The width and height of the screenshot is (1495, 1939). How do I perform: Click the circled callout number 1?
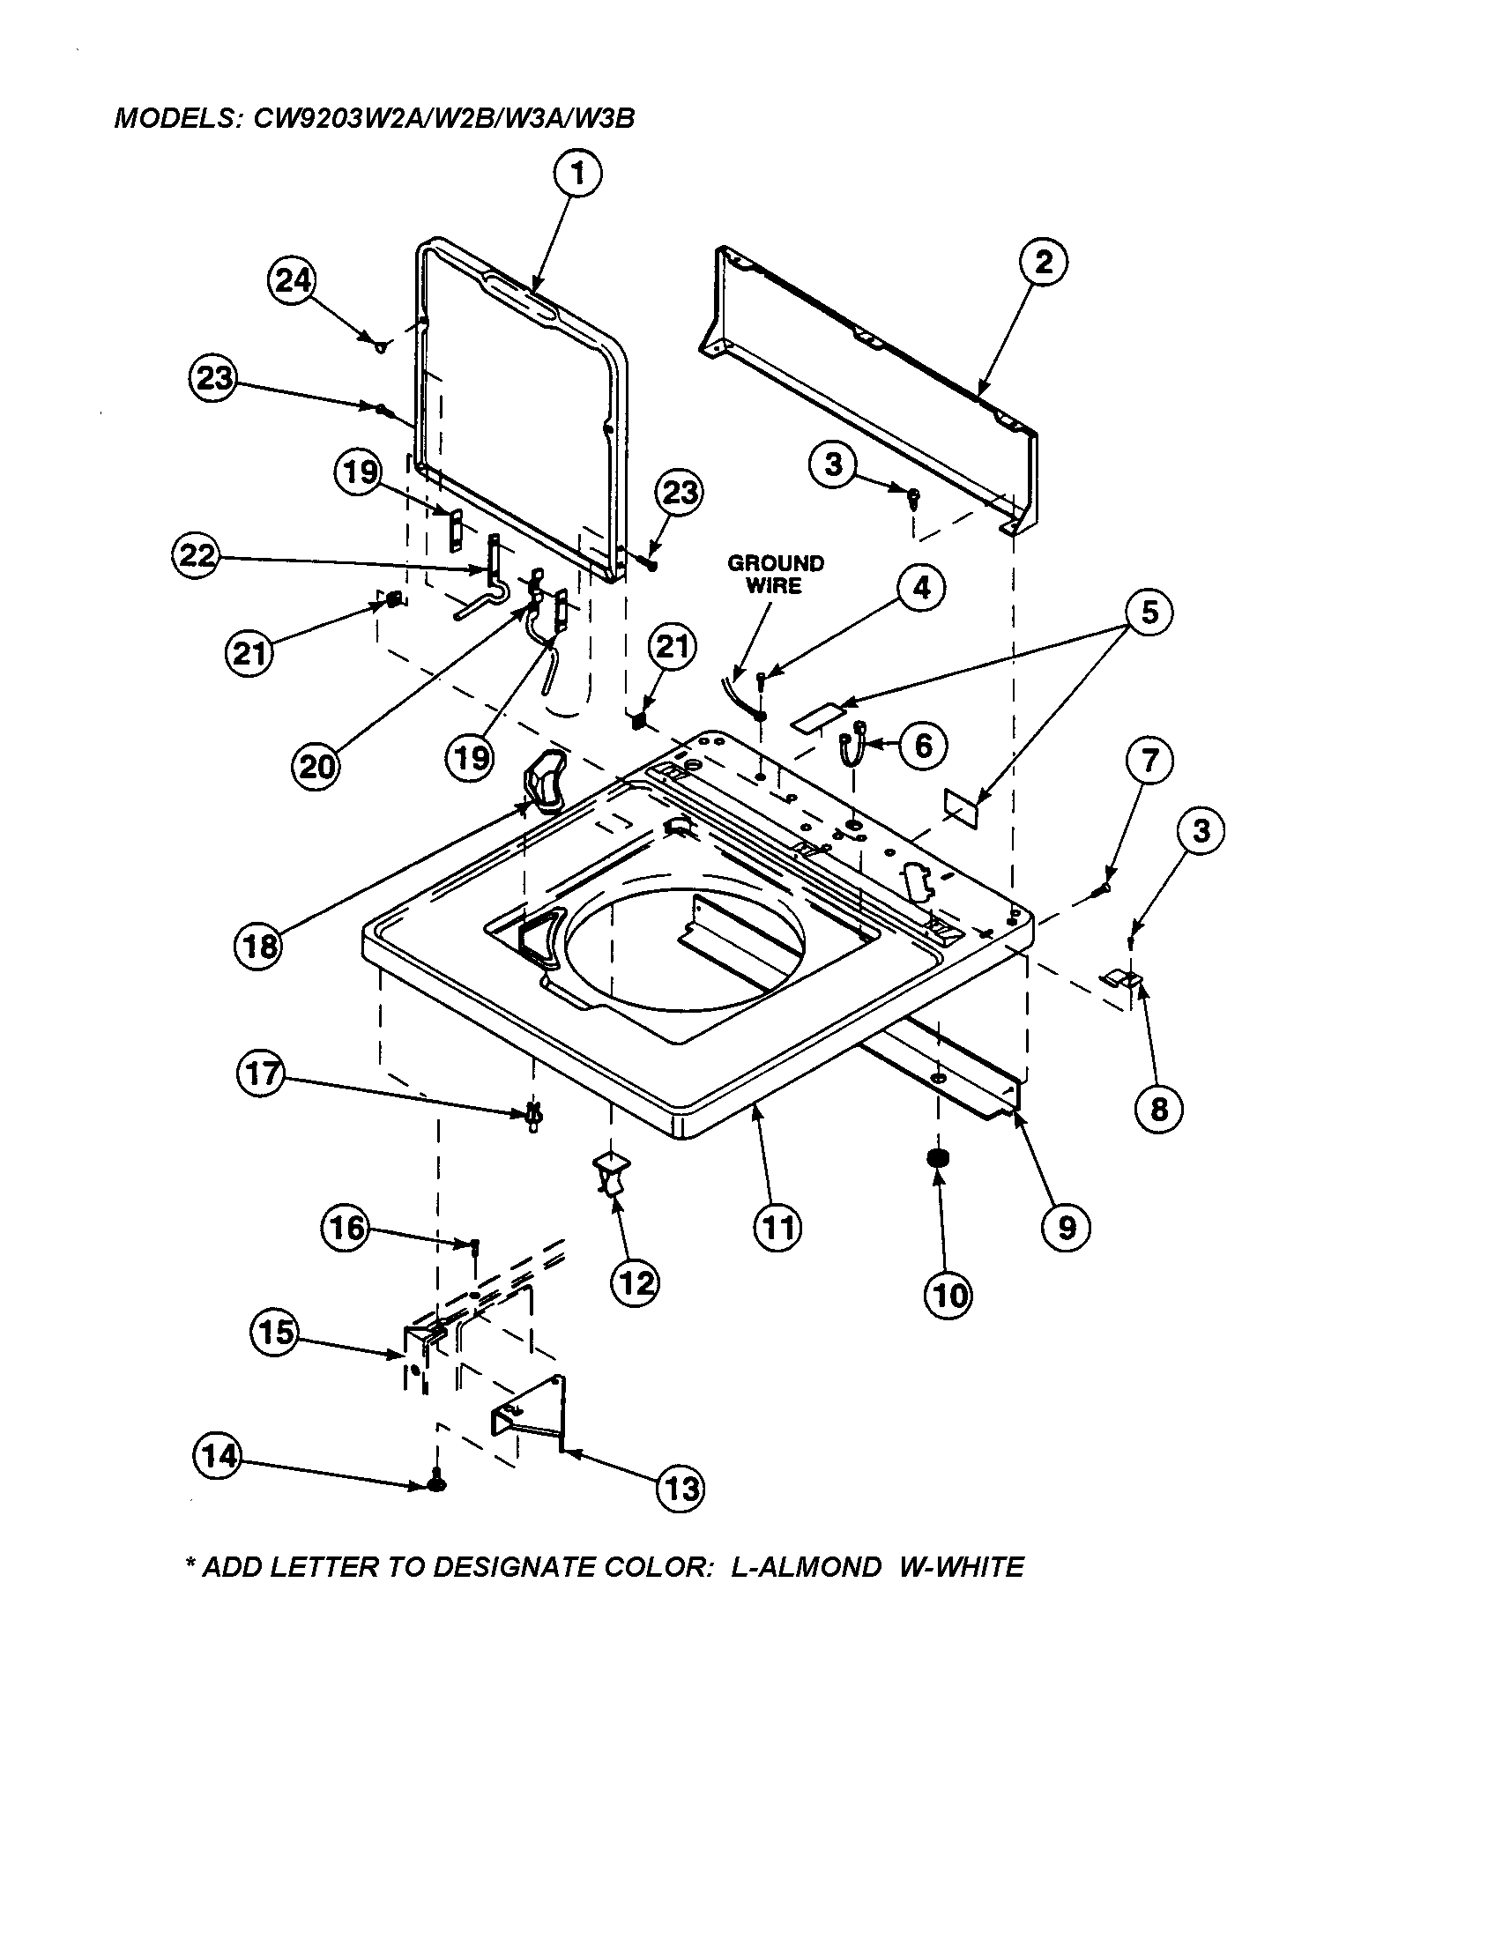(578, 175)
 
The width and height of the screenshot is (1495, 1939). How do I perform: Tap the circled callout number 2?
(1043, 262)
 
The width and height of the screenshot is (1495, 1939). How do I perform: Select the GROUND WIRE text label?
(775, 575)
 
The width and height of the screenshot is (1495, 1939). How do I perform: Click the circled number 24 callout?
(292, 281)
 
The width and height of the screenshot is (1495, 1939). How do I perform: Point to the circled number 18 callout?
(260, 947)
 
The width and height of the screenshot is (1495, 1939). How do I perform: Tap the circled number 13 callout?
(680, 1488)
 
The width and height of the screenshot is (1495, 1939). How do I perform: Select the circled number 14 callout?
(218, 1455)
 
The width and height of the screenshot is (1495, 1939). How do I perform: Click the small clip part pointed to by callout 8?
(1121, 978)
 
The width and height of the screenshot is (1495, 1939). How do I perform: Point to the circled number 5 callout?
(1149, 613)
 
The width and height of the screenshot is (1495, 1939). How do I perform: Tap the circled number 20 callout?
(316, 765)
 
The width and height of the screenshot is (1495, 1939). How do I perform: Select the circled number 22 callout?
(195, 556)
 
